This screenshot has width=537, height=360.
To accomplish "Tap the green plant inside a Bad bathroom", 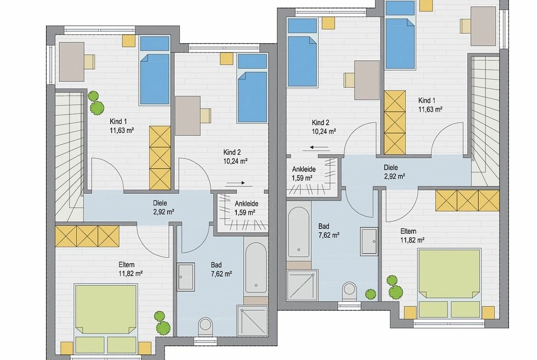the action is click(370, 293).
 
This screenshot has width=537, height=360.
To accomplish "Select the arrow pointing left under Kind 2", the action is click(320, 148).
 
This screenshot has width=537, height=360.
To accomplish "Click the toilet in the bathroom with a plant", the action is click(350, 291).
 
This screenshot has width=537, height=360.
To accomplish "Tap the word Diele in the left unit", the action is click(160, 203).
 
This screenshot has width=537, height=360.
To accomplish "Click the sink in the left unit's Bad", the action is click(186, 277).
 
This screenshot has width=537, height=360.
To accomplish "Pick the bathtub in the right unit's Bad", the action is click(299, 232).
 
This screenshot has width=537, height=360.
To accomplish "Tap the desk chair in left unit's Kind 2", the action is click(206, 115).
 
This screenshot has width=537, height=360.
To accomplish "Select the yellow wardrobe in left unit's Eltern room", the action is click(87, 236).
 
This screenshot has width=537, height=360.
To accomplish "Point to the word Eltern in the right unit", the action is click(408, 231).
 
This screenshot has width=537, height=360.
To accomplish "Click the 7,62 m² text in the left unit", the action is click(221, 274).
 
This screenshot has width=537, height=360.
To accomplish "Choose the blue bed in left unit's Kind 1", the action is click(155, 70).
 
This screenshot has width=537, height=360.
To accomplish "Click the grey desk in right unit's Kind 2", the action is click(367, 80).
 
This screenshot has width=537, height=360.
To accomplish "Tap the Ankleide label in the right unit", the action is click(304, 169).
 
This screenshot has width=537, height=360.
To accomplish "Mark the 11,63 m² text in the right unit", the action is click(430, 109).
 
